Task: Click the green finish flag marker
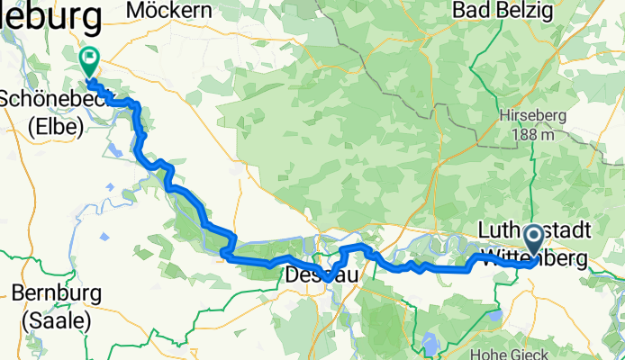tap(90, 61)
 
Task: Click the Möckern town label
tap(170, 10)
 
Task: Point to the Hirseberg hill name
tap(533, 117)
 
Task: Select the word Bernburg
tap(58, 295)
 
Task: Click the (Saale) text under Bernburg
tap(58, 319)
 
